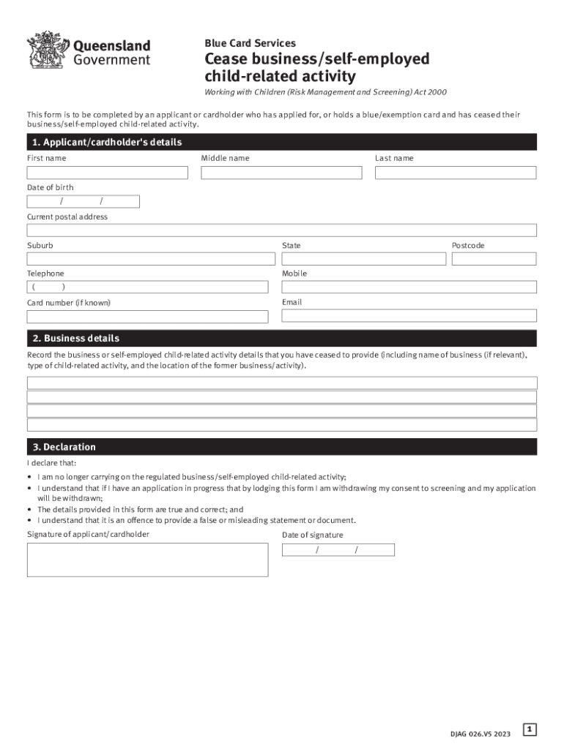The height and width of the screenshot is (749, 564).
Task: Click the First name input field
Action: point(108,173)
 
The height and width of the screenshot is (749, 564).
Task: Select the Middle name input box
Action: point(281,173)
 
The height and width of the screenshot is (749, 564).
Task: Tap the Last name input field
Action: point(456,173)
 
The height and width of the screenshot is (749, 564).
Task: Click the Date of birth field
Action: point(83,202)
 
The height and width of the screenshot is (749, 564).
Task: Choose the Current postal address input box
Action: point(282,230)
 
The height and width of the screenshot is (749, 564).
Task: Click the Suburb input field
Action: point(151,259)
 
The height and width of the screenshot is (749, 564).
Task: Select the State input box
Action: point(363,259)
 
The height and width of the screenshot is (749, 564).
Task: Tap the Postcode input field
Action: point(494,259)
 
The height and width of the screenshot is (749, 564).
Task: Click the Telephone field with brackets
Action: point(147,287)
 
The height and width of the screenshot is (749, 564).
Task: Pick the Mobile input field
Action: point(409,287)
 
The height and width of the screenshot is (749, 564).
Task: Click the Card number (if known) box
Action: point(147,317)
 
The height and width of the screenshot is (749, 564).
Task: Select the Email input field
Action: point(409,316)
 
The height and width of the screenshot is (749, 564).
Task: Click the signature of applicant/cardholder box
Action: point(147,560)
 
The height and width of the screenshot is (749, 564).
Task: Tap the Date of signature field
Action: point(338,550)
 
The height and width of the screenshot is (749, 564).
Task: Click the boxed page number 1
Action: point(530,729)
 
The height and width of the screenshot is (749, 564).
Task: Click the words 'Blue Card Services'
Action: point(250,43)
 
